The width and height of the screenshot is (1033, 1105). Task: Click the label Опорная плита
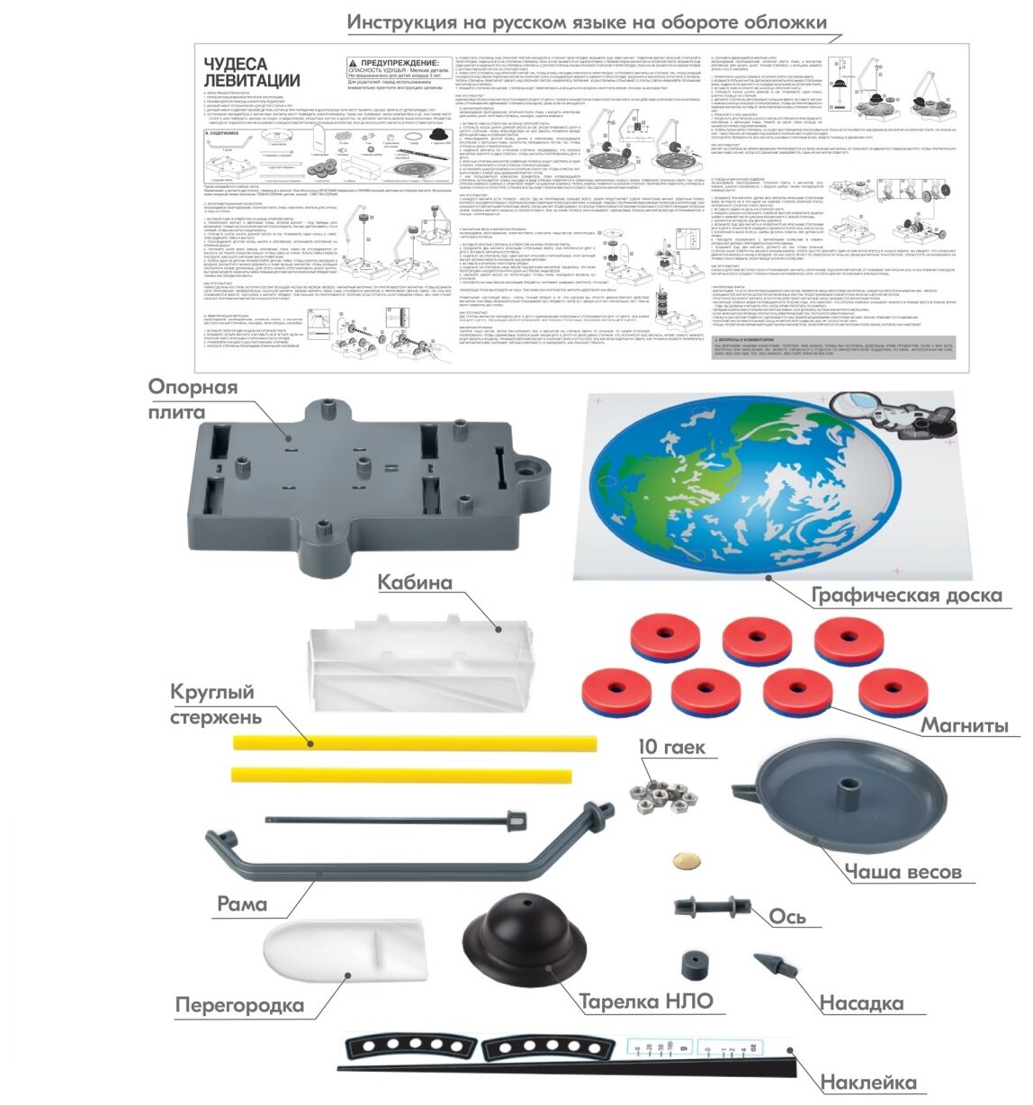pos(194,400)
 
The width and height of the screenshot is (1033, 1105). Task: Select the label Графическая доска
pos(906,596)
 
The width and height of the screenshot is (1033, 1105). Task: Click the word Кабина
pos(414,582)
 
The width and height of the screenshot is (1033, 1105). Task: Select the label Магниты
pos(964,725)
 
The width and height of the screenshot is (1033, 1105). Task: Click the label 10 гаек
pos(671,748)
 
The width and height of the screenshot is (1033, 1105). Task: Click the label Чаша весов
pos(903,871)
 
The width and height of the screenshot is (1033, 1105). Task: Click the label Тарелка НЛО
pos(645,1002)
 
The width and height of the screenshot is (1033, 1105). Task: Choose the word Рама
pos(242,903)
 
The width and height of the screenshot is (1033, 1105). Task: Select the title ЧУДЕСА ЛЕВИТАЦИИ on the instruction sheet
pos(236,72)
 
